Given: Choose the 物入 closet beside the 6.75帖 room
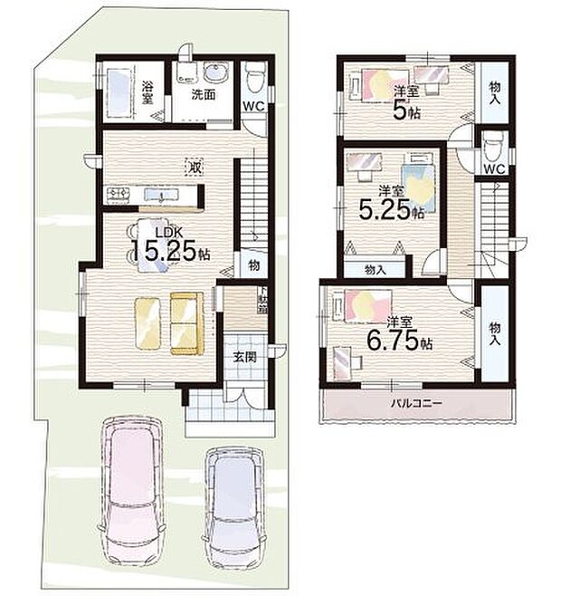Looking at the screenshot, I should (494, 332).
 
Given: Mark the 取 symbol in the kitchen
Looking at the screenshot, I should (194, 167).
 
